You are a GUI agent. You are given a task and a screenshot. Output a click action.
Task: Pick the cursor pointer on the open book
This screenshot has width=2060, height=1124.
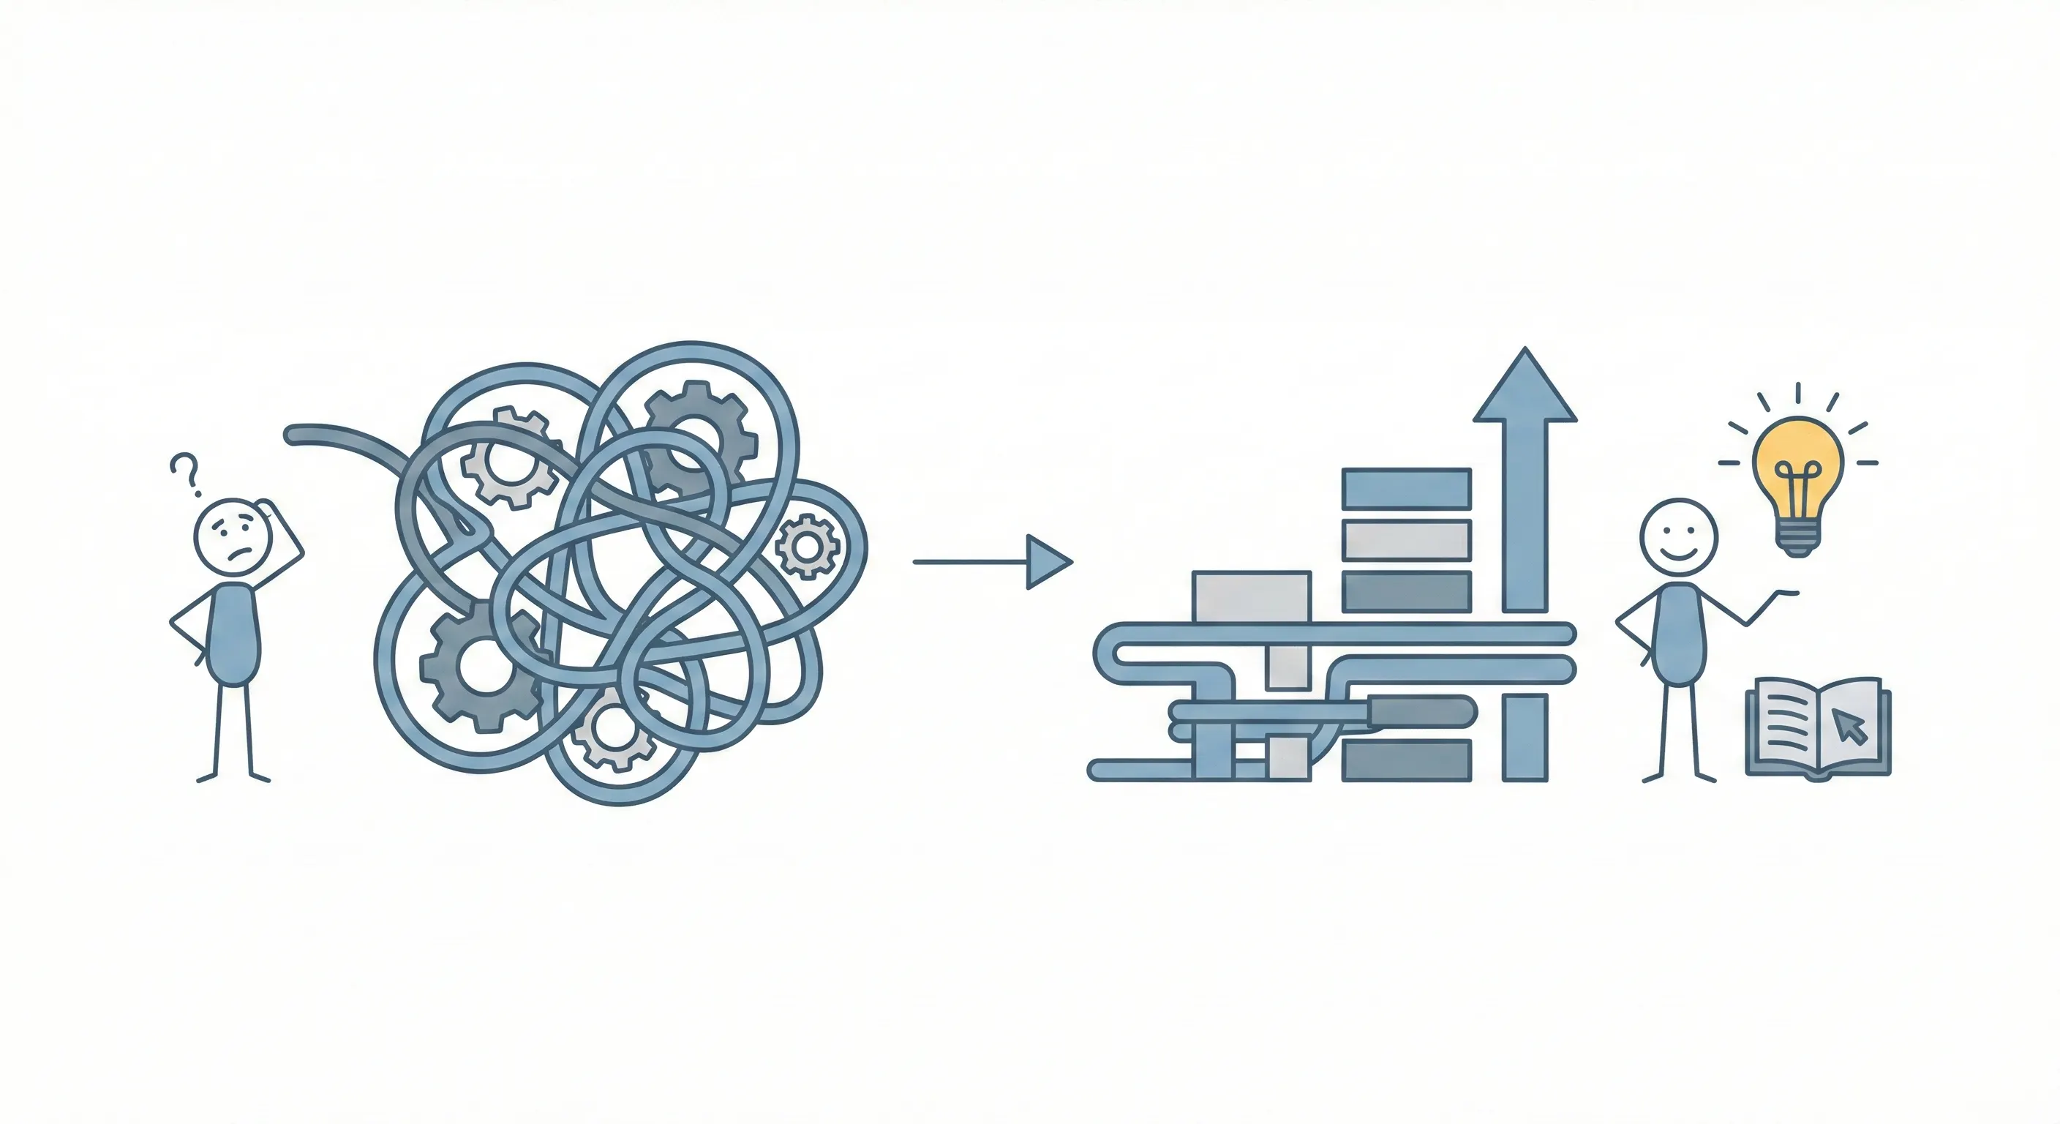[1849, 727]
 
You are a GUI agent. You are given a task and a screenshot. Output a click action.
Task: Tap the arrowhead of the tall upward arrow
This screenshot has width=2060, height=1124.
[1525, 388]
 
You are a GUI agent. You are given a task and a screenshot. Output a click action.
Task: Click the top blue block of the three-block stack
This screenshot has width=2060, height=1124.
[1407, 488]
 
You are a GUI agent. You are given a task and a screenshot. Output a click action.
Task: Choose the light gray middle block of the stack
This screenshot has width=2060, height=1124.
[1407, 540]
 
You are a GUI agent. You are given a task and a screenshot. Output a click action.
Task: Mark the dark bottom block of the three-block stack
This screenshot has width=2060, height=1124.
[1407, 592]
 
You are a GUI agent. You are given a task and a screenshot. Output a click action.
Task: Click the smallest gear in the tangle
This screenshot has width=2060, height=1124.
[807, 547]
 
